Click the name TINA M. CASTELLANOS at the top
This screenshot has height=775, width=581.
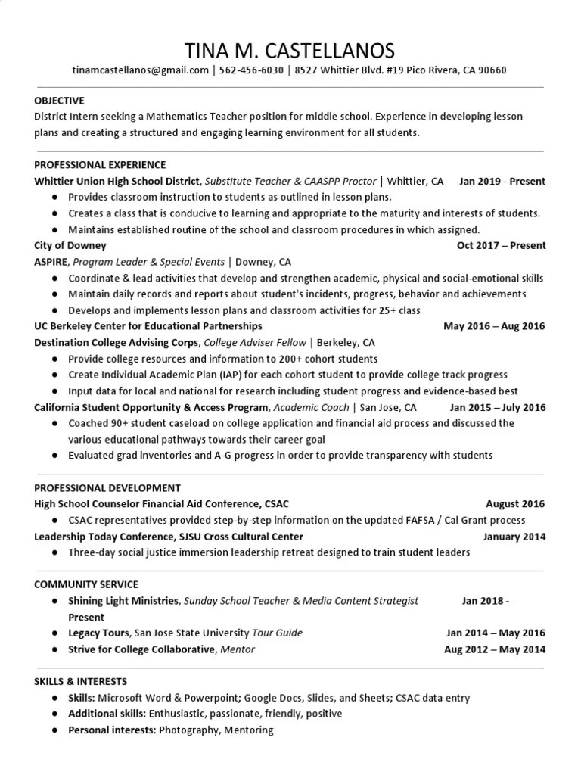tap(290, 51)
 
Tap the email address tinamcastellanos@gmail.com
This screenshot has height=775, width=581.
tap(140, 70)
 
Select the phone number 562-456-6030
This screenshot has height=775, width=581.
tap(252, 70)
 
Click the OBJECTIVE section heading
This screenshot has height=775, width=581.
tap(59, 101)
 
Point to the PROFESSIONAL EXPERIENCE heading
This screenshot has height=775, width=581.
tap(100, 164)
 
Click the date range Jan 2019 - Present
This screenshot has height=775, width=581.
tap(502, 182)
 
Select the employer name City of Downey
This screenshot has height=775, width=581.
tap(70, 245)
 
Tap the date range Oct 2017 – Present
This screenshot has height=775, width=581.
tap(501, 245)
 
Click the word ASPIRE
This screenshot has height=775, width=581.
tap(51, 262)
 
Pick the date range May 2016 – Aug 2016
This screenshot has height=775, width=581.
tap(494, 326)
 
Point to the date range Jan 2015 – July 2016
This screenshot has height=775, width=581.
tap(497, 407)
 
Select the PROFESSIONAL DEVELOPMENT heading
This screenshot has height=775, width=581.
tap(107, 488)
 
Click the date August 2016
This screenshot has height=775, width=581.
tap(515, 503)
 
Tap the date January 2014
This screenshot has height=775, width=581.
tap(514, 537)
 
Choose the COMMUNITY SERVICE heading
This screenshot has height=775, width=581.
tap(86, 584)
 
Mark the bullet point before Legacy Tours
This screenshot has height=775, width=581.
tap(56, 633)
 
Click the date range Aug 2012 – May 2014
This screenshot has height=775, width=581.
tap(495, 649)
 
